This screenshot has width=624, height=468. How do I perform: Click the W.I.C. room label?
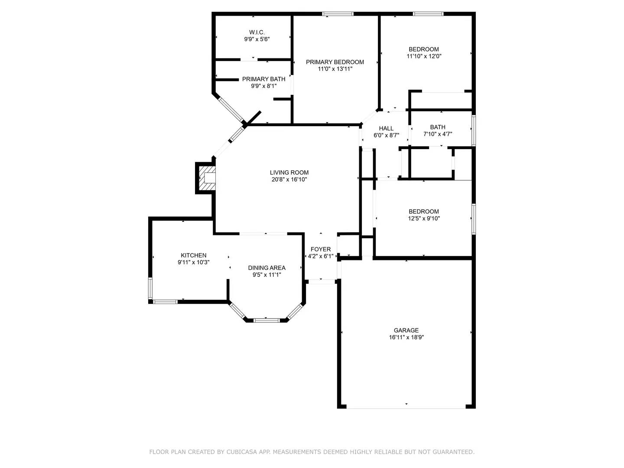[257, 32]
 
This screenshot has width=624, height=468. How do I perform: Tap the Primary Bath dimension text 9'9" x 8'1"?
[263, 86]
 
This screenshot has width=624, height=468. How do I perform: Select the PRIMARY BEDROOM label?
[335, 62]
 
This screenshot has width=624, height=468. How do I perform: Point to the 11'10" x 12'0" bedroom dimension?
[424, 56]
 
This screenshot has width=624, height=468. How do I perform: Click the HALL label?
[386, 128]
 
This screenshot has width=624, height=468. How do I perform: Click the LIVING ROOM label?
[289, 172]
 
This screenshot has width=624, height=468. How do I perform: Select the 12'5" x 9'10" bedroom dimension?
[424, 218]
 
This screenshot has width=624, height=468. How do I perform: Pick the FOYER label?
[320, 249]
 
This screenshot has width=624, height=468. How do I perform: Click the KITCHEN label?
[193, 255]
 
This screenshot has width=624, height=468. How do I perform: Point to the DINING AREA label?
[266, 268]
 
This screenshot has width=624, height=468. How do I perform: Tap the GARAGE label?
[406, 330]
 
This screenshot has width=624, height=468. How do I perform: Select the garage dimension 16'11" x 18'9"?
[406, 337]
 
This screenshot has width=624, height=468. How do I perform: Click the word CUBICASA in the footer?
[243, 452]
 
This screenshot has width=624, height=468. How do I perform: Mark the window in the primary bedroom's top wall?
[338, 14]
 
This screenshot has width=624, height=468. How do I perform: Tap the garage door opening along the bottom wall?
[406, 407]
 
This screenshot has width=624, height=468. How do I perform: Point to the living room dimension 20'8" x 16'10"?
[289, 179]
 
